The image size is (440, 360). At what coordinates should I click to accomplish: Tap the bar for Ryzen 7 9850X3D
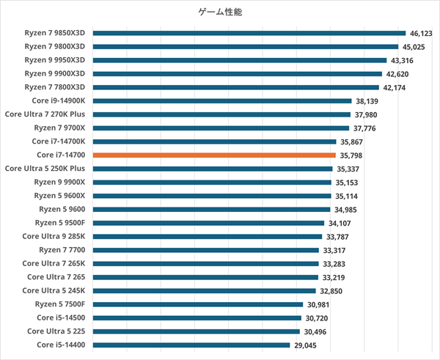249,33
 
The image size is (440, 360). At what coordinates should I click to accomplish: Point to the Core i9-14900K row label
59,100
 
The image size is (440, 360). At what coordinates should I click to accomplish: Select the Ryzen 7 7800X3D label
54,87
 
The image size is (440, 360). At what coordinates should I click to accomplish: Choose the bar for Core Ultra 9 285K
208,236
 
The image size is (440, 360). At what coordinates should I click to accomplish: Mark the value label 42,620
399,74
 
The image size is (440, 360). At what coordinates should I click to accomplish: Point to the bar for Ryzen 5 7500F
198,304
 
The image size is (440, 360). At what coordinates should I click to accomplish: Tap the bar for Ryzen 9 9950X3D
240,60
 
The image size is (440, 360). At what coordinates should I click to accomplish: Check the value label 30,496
319,331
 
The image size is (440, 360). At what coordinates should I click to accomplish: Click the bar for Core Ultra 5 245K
206,291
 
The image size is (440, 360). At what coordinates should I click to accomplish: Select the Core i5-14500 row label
61,317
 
